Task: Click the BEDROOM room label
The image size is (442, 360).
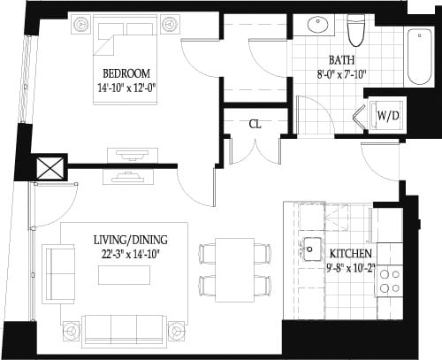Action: (x=126, y=73)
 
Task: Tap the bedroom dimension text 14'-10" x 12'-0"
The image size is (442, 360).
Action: (x=126, y=88)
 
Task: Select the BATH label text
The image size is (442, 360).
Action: (x=341, y=61)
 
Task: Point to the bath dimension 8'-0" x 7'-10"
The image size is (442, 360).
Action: (x=341, y=75)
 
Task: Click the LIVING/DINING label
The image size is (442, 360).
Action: (x=130, y=240)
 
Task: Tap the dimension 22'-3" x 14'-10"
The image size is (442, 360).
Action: (x=130, y=254)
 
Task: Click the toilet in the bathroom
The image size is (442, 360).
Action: (x=356, y=31)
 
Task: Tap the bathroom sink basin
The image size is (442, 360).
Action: (x=315, y=25)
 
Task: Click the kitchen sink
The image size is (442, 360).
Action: (x=310, y=247)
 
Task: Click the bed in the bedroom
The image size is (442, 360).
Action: (x=126, y=53)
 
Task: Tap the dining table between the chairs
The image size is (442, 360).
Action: (x=234, y=268)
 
